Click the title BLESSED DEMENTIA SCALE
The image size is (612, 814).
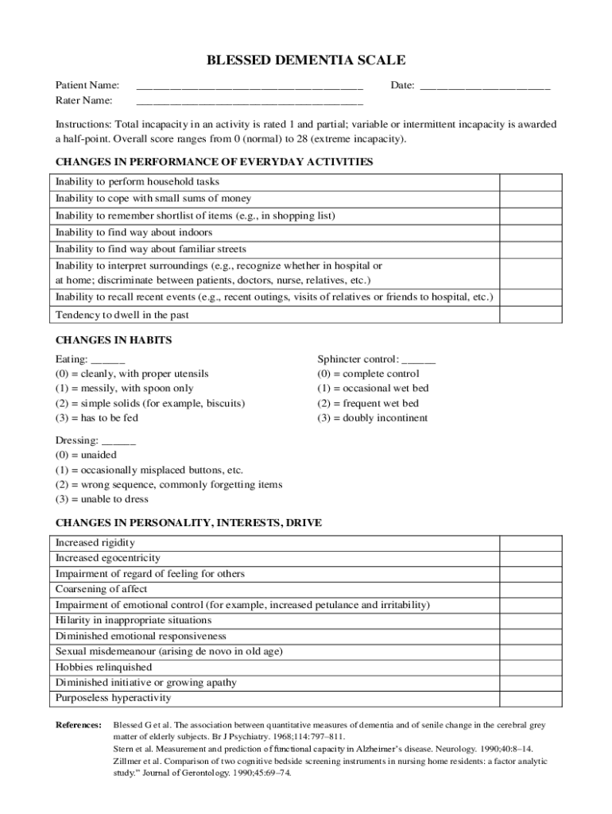[306, 60]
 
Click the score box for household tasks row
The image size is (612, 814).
[529, 182]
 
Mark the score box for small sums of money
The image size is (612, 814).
[529, 199]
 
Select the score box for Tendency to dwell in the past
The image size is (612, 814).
[529, 315]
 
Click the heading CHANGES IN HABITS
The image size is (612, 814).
[114, 340]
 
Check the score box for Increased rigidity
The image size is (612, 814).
[529, 543]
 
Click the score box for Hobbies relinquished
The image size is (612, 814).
[529, 667]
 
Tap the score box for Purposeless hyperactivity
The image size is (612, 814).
[529, 698]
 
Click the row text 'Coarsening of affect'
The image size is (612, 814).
[101, 590]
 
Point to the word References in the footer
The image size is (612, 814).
[78, 726]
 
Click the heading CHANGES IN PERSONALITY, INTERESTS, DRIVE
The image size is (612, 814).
[188, 523]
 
